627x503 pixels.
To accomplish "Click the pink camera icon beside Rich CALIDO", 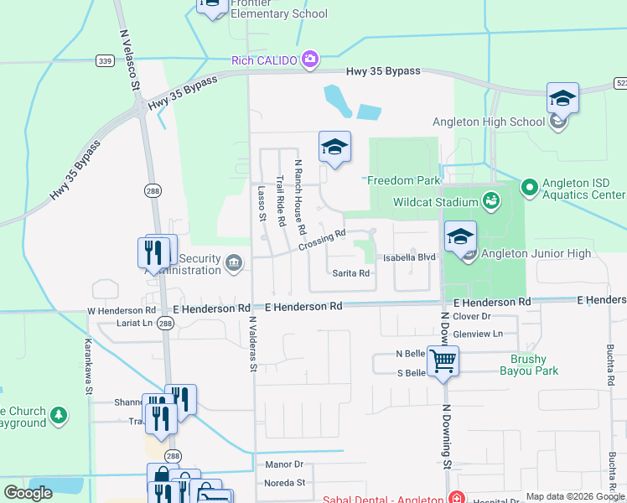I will [311, 59].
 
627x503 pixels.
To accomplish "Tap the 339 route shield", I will [105, 60].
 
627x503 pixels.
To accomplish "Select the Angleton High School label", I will [489, 122].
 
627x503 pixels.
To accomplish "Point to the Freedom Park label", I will [403, 180].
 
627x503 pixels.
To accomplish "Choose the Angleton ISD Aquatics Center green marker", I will [529, 186].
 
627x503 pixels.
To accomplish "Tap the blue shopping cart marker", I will [443, 362].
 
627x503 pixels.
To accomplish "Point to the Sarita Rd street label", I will [351, 273].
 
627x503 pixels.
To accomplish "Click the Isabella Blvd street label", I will [410, 257].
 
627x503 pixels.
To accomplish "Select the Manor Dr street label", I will [283, 464].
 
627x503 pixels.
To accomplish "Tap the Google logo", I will [28, 492].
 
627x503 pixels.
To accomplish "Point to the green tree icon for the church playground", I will [59, 415].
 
